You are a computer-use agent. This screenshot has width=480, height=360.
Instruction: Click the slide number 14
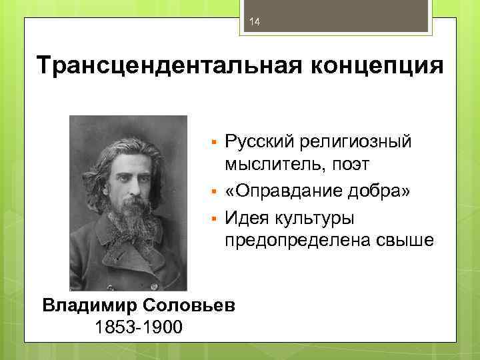253,23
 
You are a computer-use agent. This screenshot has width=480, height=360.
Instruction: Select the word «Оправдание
283,192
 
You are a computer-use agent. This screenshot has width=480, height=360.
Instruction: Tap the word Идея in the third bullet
246,218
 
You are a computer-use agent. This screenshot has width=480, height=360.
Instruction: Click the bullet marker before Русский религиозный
212,143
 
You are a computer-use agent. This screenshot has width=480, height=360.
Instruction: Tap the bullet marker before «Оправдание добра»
212,193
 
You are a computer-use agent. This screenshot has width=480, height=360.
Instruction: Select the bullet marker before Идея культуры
212,219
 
